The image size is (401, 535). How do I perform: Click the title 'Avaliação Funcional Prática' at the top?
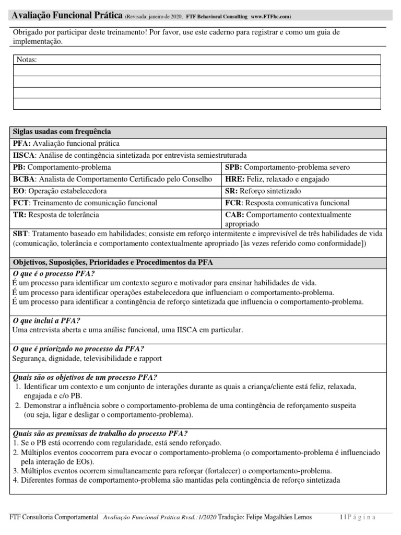(x=67, y=16)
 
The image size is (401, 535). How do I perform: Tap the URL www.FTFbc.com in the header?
(x=270, y=17)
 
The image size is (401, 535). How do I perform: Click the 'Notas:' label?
(x=27, y=60)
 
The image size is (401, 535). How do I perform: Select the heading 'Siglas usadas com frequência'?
(x=62, y=132)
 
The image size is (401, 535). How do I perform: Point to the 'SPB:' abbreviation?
(x=233, y=167)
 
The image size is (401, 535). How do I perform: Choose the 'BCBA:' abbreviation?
(x=25, y=179)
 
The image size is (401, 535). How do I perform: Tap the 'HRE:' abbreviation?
(x=234, y=179)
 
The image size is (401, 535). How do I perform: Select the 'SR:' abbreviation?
(x=231, y=191)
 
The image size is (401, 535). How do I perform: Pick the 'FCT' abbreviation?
(x=20, y=203)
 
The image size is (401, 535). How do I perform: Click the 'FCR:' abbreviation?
(x=234, y=203)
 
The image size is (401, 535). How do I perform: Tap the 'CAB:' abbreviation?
(x=234, y=215)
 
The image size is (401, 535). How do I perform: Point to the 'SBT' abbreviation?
(x=20, y=235)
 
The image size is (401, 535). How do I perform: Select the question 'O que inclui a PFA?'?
(x=46, y=321)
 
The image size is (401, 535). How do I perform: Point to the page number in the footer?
(x=340, y=517)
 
